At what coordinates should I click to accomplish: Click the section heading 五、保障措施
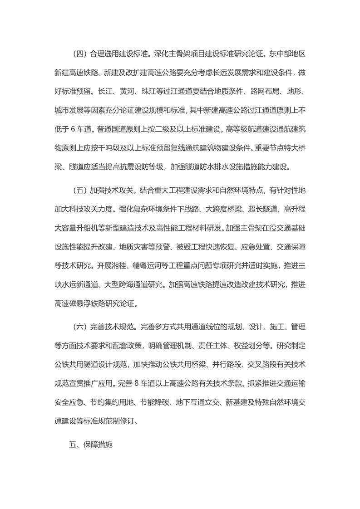click(x=90, y=445)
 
